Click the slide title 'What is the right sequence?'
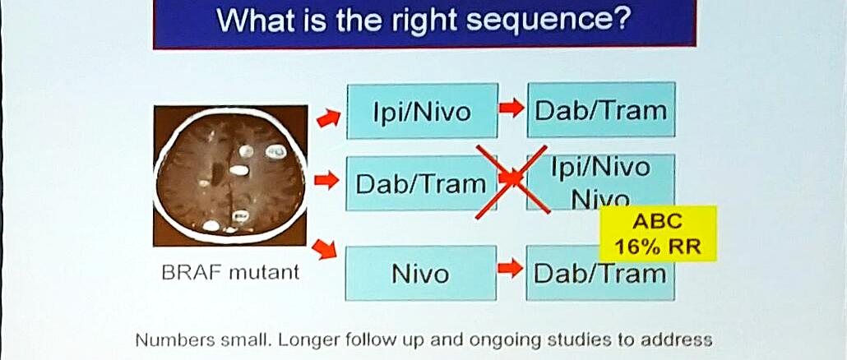(424, 21)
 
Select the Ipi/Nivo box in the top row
(422, 111)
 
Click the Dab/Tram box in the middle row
(421, 183)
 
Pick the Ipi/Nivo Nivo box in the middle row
(600, 181)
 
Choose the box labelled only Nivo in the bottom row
(420, 273)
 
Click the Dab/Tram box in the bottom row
(600, 273)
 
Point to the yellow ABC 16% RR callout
(658, 233)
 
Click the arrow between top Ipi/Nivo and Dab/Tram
(511, 108)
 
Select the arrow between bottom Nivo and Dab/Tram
(511, 268)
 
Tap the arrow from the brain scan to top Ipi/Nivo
(328, 118)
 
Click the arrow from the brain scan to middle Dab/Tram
(326, 180)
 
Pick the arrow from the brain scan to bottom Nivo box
(325, 249)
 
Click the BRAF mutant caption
(230, 272)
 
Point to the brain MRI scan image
(230, 175)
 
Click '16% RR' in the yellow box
(658, 247)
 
